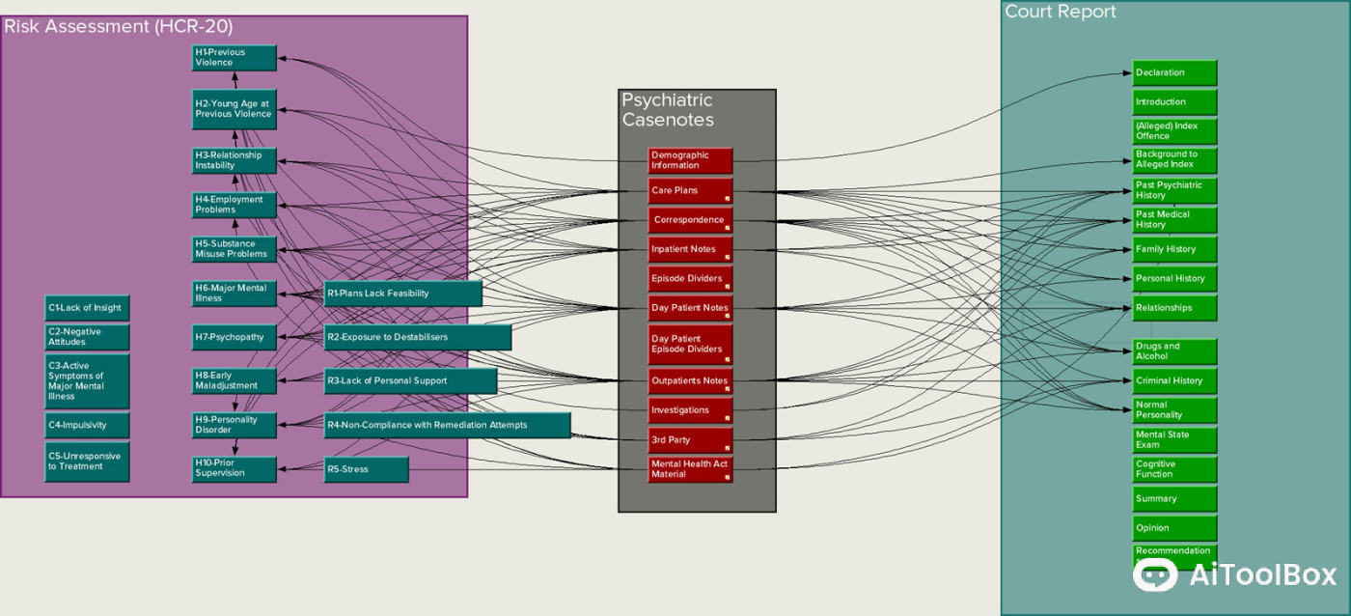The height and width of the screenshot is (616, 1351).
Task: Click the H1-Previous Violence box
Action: [234, 58]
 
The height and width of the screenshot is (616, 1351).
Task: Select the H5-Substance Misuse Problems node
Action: [234, 249]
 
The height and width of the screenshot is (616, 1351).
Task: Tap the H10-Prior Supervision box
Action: [234, 469]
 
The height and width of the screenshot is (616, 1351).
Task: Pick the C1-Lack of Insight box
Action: [87, 308]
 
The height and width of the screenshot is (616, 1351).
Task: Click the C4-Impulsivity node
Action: [87, 425]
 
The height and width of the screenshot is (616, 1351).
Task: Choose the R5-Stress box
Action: [366, 470]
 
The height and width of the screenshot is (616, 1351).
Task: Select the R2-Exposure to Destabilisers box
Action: [417, 337]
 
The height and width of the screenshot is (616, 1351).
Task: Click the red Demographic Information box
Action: [690, 160]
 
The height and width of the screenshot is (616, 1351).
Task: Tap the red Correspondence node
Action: [690, 220]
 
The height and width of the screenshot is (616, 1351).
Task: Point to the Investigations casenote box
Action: [690, 410]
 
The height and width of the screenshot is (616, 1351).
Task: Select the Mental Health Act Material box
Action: [690, 469]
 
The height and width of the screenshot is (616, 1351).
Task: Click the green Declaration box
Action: [1174, 72]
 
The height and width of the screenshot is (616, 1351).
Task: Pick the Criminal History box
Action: [1174, 380]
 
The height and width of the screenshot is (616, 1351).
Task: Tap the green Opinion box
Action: [1174, 528]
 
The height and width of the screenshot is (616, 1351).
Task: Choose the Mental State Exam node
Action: [1174, 440]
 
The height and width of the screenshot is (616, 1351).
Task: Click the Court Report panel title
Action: [1061, 12]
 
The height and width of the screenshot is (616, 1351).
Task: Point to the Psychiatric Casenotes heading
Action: [668, 110]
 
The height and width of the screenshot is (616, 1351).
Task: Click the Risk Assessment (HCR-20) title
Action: [119, 26]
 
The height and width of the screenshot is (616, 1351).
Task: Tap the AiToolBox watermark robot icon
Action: [1155, 575]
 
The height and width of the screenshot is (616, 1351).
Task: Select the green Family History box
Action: [1174, 249]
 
